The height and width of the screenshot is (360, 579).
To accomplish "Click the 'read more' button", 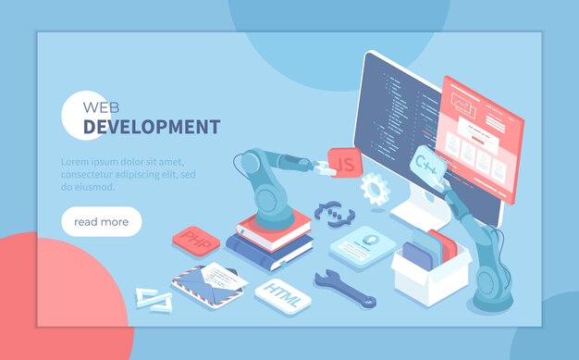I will [x=102, y=222].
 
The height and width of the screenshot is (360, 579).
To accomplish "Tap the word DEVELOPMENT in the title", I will [x=152, y=127].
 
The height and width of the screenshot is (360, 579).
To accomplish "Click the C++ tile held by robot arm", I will [x=428, y=167].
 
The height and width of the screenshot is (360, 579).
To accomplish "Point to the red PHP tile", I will [x=195, y=241].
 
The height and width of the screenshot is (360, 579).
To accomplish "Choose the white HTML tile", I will [x=282, y=292].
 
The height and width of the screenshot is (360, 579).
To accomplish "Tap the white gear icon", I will [x=374, y=188].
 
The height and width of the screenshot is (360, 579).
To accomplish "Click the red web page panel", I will [x=480, y=139].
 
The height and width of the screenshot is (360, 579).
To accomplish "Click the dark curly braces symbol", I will [x=329, y=214].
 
